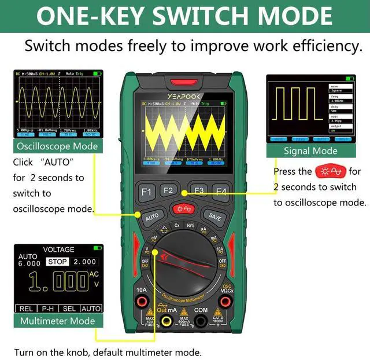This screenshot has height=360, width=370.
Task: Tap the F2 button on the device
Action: coord(168,190)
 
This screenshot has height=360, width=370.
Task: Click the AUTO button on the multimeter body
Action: coord(151,217)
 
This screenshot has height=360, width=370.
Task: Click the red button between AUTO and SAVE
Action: coord(183,209)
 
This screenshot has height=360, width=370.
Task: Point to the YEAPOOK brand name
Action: coord(183,97)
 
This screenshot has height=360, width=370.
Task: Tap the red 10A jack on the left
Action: coord(140,302)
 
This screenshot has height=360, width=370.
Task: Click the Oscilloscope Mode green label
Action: coord(57,146)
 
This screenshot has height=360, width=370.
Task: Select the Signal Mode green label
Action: coord(310,151)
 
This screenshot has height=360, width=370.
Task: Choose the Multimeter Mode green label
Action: coord(57,321)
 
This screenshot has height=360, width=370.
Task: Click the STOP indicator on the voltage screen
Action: coord(57,262)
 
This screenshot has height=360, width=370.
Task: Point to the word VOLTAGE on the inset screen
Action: coord(59,249)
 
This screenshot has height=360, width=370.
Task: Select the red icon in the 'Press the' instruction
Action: coord(330,171)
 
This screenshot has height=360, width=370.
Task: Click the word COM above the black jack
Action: coord(201,310)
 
